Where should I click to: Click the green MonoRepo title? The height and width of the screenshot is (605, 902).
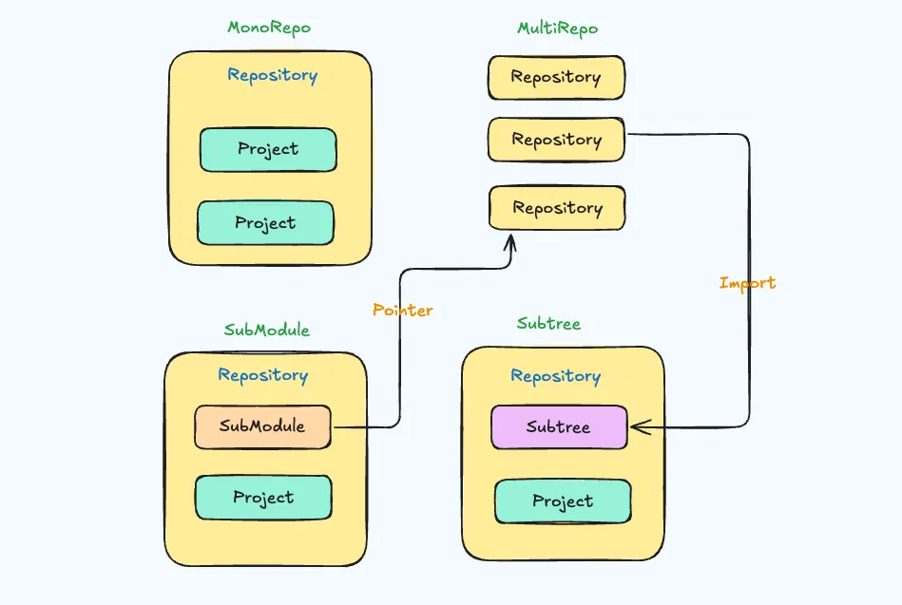[269, 28]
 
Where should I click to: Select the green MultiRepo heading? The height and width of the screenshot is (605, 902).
[557, 28]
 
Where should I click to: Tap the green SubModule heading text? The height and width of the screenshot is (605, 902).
[267, 331]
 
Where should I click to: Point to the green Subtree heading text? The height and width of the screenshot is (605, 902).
[548, 324]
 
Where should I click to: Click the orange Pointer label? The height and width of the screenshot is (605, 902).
[403, 311]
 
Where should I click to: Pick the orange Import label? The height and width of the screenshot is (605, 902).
[747, 283]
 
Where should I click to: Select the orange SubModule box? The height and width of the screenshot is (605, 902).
[262, 426]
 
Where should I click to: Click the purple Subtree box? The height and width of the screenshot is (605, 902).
[559, 427]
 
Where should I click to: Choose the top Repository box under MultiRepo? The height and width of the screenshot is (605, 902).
[556, 77]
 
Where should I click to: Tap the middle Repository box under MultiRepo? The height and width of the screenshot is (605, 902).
[556, 140]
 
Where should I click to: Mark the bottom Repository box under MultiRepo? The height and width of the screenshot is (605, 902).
[557, 208]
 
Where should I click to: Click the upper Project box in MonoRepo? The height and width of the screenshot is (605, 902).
[268, 149]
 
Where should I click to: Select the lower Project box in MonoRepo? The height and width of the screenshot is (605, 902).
[265, 223]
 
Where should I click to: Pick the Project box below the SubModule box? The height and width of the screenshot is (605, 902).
[263, 498]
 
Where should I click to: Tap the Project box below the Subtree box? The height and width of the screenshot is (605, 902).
[563, 501]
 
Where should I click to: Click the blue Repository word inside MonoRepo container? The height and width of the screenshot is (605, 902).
[272, 75]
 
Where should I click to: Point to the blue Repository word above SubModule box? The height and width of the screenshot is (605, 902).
[263, 375]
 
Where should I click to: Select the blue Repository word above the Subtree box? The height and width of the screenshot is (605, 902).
[556, 376]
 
